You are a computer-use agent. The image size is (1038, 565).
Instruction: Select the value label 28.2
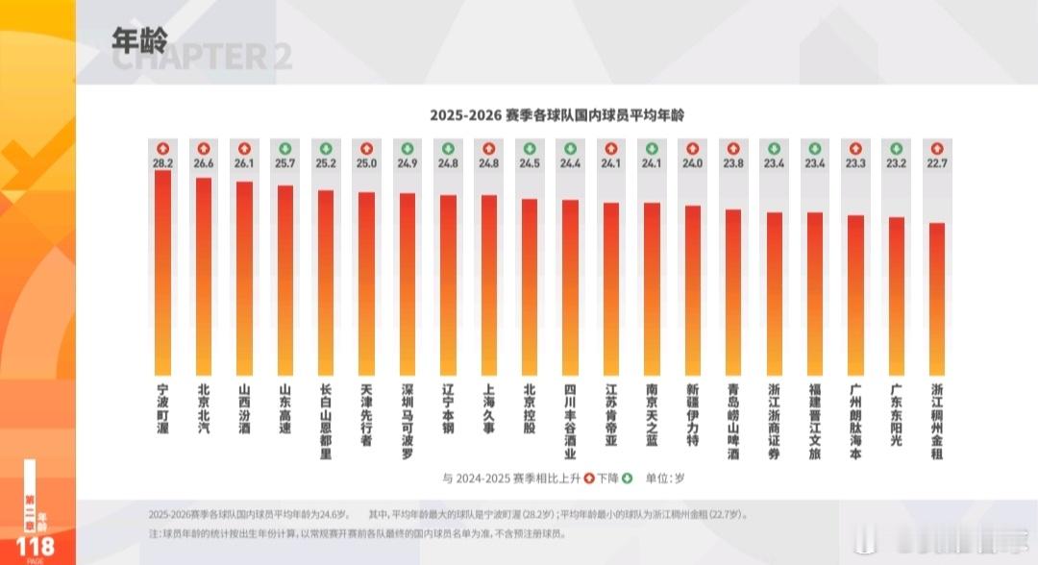point(162,163)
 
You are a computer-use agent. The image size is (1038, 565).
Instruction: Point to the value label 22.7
point(937,163)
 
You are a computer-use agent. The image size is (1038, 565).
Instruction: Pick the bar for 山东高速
point(285,280)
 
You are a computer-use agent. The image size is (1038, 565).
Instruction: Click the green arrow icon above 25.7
point(285,148)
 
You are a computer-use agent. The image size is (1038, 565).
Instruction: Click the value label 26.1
point(244,163)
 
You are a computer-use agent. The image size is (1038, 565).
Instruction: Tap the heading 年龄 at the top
point(139,39)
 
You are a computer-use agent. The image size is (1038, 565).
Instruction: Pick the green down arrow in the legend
point(627,478)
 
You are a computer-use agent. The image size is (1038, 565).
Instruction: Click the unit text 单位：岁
point(663,478)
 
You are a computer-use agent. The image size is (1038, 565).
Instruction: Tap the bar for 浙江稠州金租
point(937,299)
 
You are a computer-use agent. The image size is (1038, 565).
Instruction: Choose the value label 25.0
point(366,163)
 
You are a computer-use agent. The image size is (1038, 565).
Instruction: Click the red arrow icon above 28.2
point(162,148)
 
